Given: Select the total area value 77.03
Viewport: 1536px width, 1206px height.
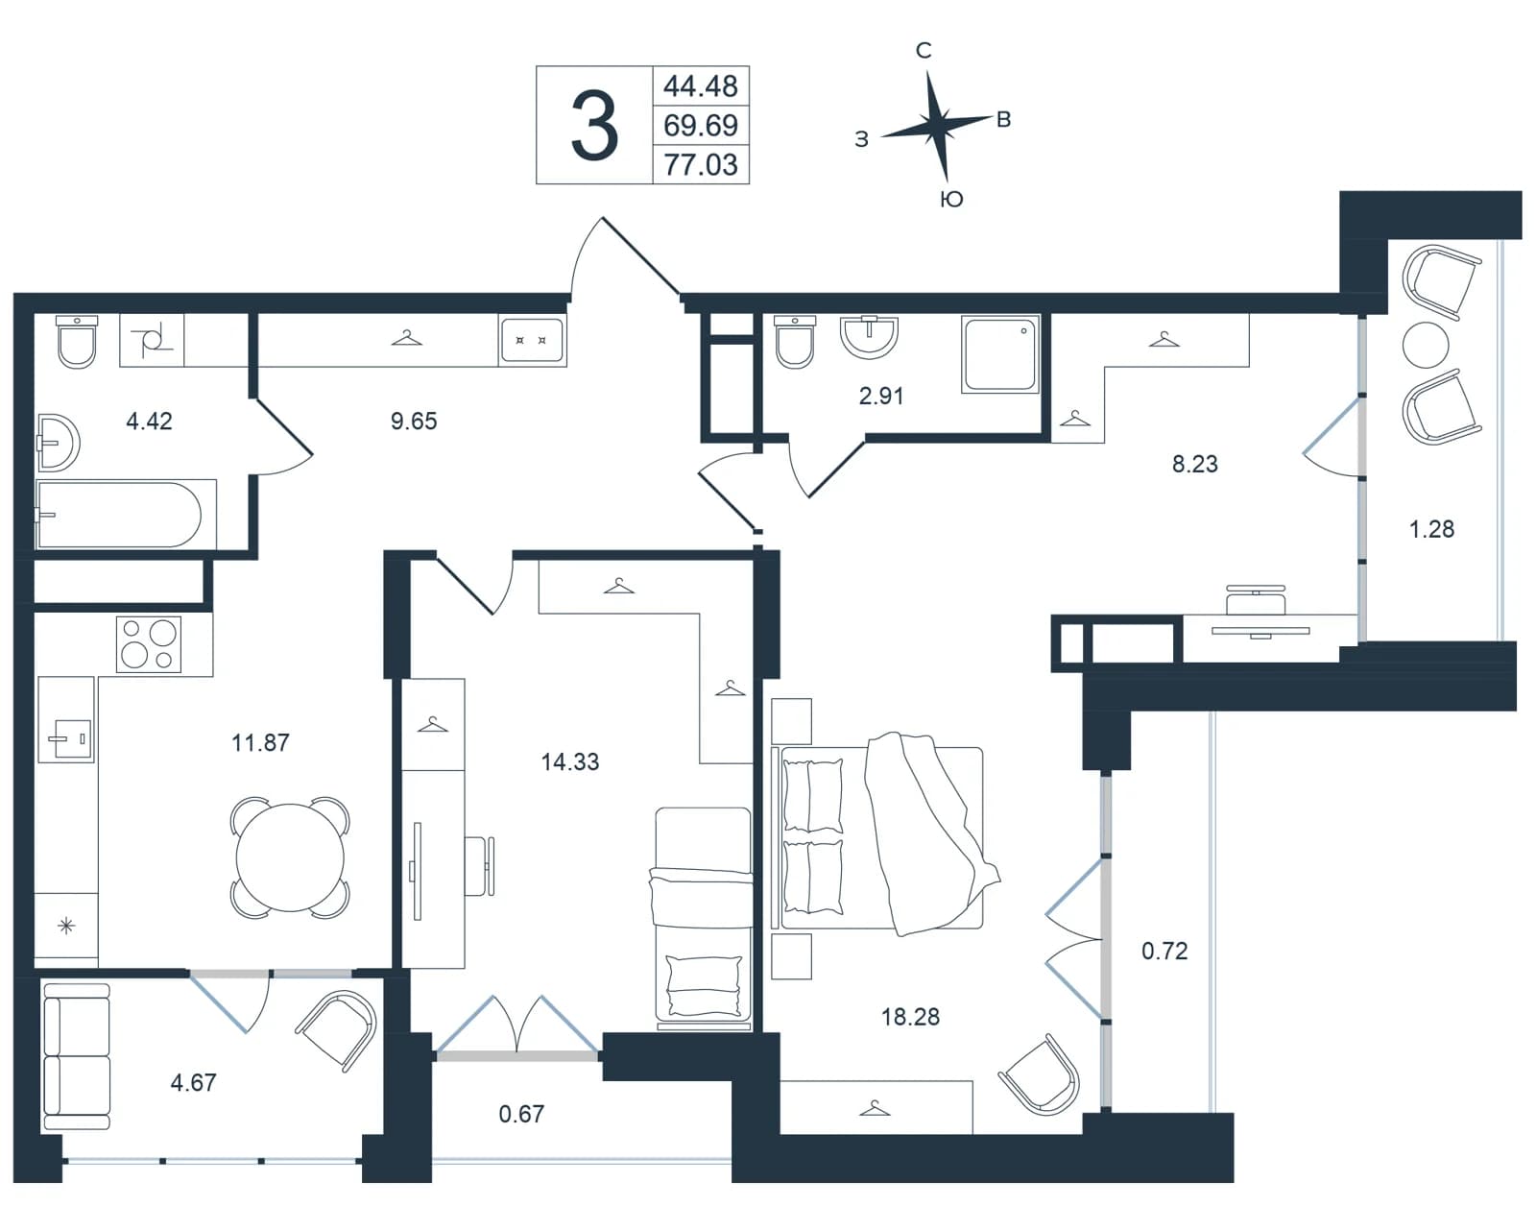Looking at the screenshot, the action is pos(701,165).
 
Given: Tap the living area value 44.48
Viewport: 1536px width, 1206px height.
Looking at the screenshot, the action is pos(701,86).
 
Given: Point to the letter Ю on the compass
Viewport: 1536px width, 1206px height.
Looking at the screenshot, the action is pos(952,200).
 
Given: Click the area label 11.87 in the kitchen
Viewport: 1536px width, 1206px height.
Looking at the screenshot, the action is pos(260,743).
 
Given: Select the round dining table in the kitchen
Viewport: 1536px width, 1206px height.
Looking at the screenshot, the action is pos(290,858).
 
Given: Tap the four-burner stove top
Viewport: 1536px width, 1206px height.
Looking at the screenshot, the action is pos(149,644).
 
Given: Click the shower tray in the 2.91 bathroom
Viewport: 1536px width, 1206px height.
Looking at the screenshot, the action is pos(1000,353).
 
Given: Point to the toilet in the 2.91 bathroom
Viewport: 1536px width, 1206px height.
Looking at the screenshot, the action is pos(795,342).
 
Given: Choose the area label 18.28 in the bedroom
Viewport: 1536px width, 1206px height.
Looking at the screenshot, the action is pos(910,1017).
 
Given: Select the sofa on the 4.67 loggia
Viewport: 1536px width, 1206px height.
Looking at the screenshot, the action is pos(77,1057).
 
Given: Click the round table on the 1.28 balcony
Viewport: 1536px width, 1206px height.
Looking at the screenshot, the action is pos(1425,345).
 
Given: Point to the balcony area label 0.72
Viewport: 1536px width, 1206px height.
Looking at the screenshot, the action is pos(1164,952).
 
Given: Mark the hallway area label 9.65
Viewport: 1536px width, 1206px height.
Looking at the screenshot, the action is pos(414,422).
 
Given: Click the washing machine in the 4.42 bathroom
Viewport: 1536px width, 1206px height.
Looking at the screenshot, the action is pos(152,340).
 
